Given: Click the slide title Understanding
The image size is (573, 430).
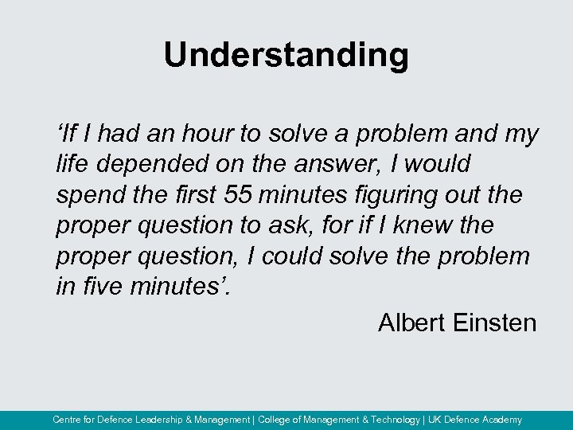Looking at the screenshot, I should click(x=286, y=56).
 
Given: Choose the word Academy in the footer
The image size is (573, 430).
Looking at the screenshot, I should click(x=500, y=420).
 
